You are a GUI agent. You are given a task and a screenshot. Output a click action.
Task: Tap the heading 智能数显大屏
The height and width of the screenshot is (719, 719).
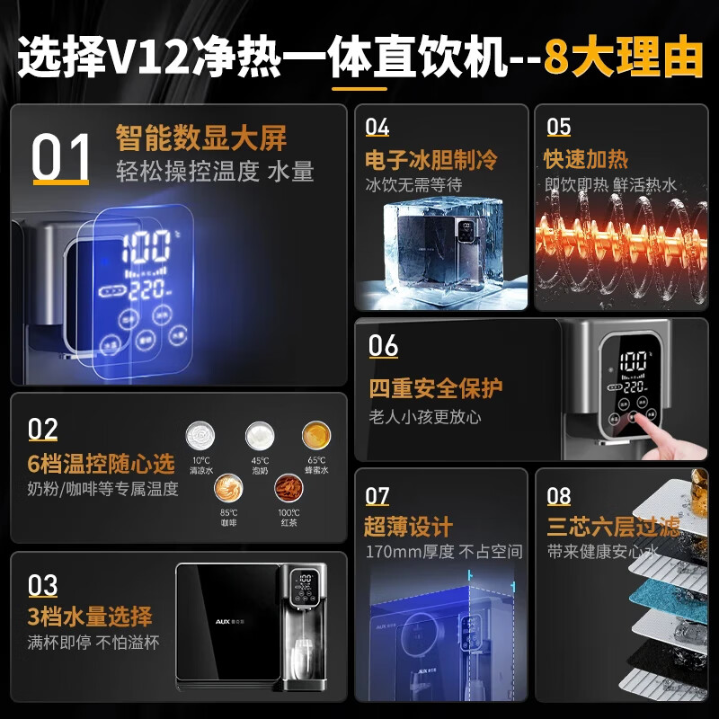[x=200, y=138]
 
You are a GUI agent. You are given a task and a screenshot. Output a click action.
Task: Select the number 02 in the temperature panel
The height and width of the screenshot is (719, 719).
[x=42, y=430]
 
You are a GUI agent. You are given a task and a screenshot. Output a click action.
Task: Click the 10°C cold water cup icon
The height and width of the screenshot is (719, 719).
[x=200, y=436]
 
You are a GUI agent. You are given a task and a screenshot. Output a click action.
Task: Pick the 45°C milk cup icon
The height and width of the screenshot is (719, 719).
[x=260, y=436]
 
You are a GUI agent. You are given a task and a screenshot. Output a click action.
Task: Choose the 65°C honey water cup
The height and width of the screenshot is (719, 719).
[x=316, y=436]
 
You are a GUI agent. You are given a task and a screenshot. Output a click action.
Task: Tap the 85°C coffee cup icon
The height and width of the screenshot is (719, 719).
[x=228, y=491]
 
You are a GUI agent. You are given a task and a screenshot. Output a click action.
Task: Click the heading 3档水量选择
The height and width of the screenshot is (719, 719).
[x=89, y=617]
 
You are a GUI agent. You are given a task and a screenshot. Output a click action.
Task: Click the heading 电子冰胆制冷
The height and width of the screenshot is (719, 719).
[x=431, y=160]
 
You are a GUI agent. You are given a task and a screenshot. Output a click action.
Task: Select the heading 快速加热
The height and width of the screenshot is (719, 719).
[x=586, y=160]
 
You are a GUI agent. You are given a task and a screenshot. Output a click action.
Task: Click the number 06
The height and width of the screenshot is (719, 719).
[x=384, y=345]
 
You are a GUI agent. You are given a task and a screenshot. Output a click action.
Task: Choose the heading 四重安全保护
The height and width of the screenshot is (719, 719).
[x=435, y=389]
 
